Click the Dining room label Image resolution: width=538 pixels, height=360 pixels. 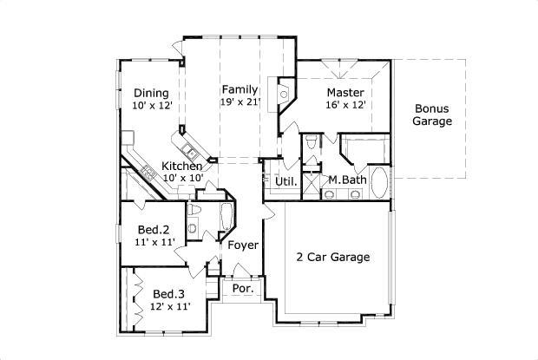point(151,93)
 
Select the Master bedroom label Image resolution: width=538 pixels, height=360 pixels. point(345,92)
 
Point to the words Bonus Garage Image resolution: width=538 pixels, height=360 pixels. point(431,115)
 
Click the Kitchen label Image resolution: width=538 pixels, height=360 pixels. point(182,166)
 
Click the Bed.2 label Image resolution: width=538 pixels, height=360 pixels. point(153,229)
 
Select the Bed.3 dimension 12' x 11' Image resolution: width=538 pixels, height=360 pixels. point(170,306)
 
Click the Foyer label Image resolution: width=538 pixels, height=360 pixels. point(243,245)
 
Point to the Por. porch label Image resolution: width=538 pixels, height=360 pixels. point(242,289)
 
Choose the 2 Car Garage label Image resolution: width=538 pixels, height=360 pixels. point(334,257)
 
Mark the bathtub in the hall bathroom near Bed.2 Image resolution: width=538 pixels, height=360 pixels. point(224,218)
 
